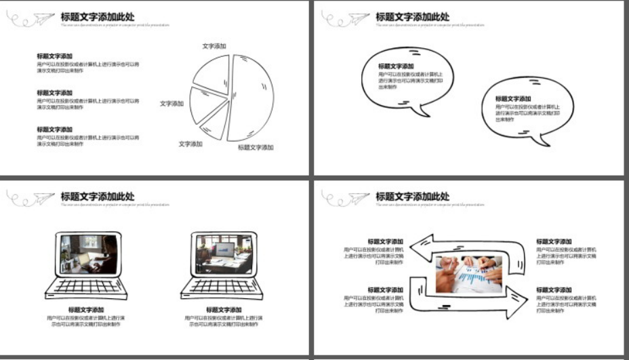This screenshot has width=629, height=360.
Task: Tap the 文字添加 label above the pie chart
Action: (214, 46)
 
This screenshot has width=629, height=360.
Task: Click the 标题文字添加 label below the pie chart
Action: (256, 147)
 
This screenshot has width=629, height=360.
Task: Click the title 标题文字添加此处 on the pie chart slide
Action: (98, 17)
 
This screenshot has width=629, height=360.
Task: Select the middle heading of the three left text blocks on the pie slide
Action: (55, 93)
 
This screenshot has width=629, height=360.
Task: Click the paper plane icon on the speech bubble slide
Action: (360, 19)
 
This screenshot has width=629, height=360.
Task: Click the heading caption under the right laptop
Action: (224, 310)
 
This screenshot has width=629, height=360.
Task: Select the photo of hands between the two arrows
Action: (468, 274)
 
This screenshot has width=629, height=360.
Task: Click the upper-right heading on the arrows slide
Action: (554, 241)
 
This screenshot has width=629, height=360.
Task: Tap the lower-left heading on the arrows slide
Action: (386, 289)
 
